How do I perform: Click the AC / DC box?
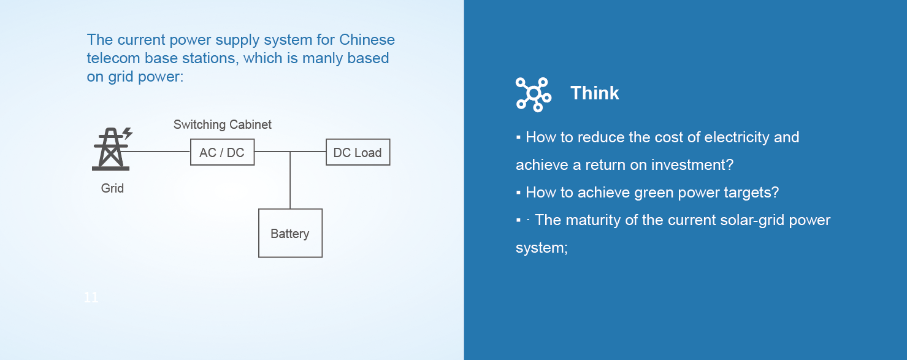click(x=222, y=152)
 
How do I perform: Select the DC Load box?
click(x=358, y=153)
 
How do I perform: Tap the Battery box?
click(x=290, y=233)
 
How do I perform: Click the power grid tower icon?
click(x=112, y=148)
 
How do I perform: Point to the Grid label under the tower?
click(x=112, y=188)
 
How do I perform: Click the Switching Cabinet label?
click(x=222, y=124)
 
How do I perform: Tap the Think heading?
click(x=594, y=93)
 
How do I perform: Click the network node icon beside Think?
click(x=533, y=94)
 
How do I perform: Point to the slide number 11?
click(x=91, y=298)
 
